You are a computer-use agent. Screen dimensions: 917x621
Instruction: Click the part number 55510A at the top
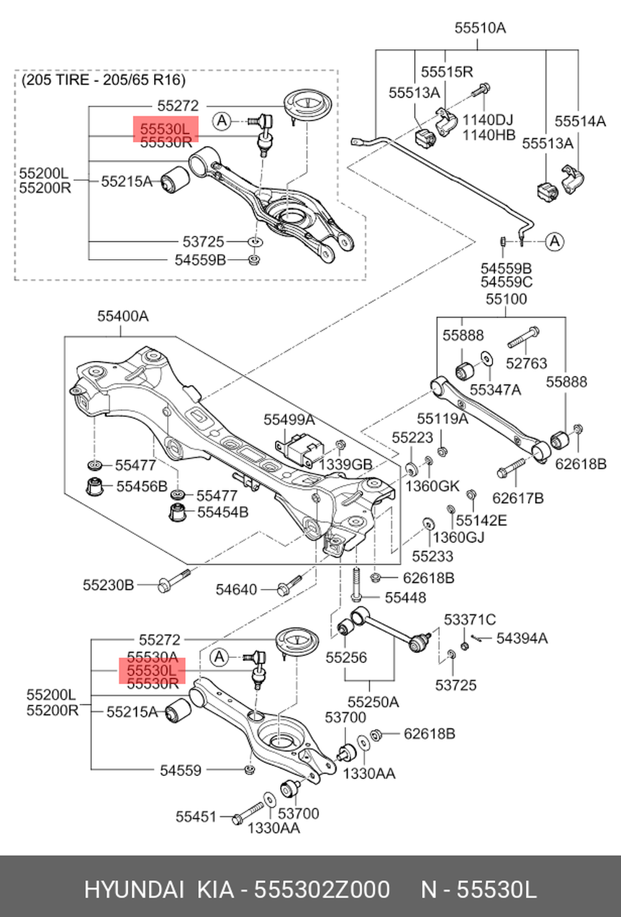(x=480, y=28)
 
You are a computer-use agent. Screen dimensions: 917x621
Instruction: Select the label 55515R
(x=446, y=72)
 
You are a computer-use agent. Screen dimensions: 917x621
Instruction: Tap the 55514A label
(x=580, y=122)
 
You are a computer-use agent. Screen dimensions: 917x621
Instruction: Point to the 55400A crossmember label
(x=123, y=316)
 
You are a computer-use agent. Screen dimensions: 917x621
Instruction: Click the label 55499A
(x=289, y=420)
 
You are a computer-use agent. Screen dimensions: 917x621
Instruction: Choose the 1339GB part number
(x=345, y=465)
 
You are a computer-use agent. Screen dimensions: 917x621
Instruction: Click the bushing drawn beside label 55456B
(x=95, y=486)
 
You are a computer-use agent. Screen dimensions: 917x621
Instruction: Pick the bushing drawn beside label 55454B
(x=179, y=513)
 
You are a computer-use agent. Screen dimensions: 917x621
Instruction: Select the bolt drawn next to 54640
(x=289, y=585)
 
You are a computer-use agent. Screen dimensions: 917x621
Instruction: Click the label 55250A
(x=373, y=702)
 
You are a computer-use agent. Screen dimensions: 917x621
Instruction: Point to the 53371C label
(x=469, y=619)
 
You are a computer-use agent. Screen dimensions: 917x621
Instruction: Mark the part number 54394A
(x=522, y=638)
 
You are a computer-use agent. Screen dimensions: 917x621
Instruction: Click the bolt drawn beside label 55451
(x=248, y=813)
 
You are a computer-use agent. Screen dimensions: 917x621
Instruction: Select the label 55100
(x=506, y=299)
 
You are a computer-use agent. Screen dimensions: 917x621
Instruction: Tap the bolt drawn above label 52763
(x=524, y=337)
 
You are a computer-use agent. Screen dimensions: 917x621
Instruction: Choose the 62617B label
(x=518, y=498)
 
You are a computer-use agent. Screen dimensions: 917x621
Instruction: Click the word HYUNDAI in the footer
(x=134, y=890)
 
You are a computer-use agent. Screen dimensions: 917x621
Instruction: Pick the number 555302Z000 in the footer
(x=323, y=890)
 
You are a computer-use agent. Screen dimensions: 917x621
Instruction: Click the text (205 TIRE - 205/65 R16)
(x=103, y=80)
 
